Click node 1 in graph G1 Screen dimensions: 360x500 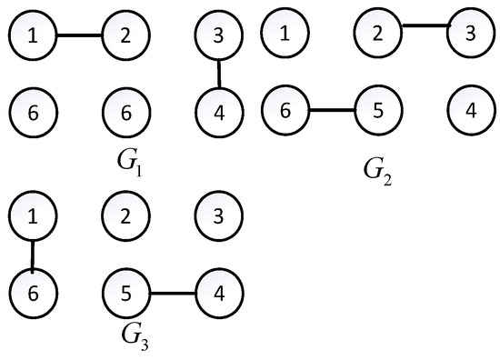34,36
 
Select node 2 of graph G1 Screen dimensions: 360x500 126,36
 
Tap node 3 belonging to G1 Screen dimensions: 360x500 219,36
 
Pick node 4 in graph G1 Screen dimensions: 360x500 219,113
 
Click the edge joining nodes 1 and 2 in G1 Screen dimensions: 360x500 80,36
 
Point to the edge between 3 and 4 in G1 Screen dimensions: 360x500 219,75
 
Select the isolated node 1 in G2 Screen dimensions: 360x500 285,35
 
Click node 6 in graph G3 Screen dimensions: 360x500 34,294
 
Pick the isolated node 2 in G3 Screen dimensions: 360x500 126,217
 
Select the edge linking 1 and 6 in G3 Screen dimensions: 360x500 34,255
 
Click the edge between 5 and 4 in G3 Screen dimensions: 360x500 173,294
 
